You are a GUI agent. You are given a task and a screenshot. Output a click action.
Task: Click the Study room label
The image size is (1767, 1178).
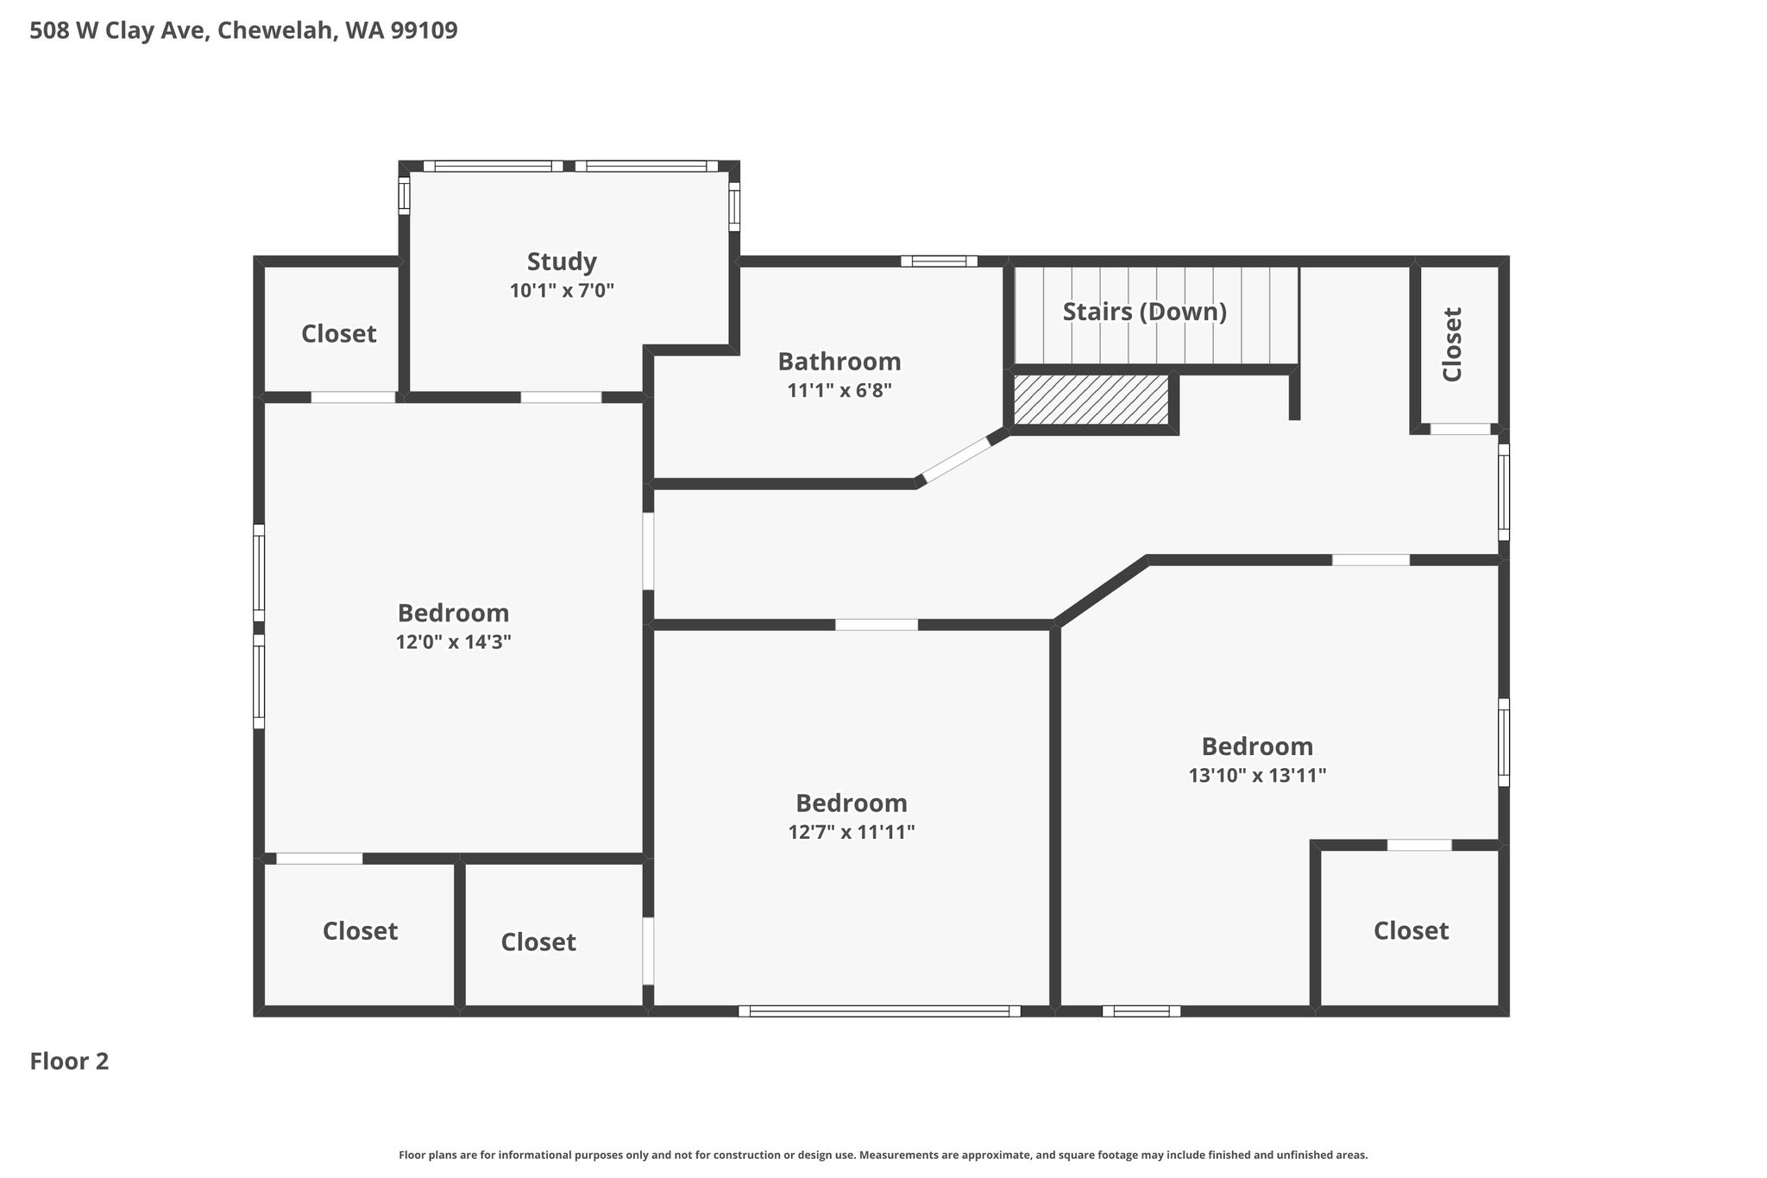[x=562, y=261]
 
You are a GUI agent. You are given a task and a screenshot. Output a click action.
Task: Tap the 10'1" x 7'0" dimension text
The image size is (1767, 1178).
[x=562, y=291]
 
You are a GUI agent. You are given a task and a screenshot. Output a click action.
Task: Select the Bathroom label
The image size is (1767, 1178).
[x=839, y=361]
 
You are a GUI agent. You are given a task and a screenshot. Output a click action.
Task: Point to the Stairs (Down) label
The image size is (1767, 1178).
[x=1144, y=312]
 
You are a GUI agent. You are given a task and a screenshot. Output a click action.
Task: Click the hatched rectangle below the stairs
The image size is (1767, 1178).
[x=1091, y=400]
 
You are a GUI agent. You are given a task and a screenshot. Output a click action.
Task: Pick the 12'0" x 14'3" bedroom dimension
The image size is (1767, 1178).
[x=454, y=642]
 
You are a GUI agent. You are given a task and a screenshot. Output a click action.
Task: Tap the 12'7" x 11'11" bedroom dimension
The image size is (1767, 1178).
[x=851, y=832]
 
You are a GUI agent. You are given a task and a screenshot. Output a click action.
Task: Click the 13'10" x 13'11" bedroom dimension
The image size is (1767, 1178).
[x=1257, y=775]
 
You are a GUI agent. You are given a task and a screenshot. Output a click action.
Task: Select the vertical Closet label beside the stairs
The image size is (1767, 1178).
[x=1452, y=344]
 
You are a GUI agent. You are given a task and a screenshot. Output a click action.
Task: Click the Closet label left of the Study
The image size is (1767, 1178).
[x=338, y=333]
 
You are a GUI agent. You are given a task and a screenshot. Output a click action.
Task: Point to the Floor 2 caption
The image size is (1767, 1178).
[x=69, y=1061]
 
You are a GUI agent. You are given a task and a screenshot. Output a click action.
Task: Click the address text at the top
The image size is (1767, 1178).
[x=243, y=31]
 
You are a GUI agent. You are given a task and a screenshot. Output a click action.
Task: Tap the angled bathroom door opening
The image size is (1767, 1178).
[x=955, y=459]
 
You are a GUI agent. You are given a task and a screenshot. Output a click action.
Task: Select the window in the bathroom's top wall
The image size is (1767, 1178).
[x=939, y=261]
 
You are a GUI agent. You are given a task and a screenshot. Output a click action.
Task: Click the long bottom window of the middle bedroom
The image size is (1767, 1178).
[x=879, y=1011]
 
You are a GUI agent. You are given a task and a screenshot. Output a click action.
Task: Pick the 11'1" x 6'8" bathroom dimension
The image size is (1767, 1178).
[x=839, y=391]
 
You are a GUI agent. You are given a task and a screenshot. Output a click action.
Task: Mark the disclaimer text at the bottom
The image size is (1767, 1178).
[x=883, y=1155]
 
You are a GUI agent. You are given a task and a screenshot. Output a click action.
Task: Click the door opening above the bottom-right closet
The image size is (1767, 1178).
[x=1419, y=845]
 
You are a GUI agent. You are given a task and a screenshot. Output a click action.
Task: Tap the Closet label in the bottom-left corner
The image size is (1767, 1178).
[x=360, y=931]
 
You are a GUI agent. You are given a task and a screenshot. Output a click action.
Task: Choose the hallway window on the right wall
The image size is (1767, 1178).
[x=1504, y=492]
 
